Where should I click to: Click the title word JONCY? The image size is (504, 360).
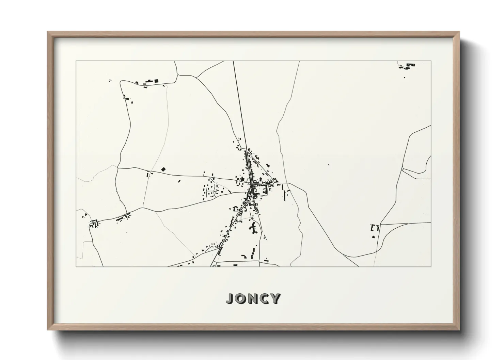coord(253,298)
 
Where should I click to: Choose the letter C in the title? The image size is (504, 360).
coord(265,298)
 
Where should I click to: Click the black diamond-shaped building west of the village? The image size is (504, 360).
coord(163,169)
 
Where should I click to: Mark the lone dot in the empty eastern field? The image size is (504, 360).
coord(329,165)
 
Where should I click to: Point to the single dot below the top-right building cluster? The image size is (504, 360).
coord(405,78)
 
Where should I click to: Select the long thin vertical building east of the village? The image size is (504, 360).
coord(285,195)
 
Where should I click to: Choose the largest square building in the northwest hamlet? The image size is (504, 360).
coord(156,81)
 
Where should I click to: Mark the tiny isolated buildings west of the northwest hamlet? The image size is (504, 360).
coord(110,80)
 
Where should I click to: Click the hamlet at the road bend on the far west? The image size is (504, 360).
coord(94,224)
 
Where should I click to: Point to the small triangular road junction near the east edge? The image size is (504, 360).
coord(403,168)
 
